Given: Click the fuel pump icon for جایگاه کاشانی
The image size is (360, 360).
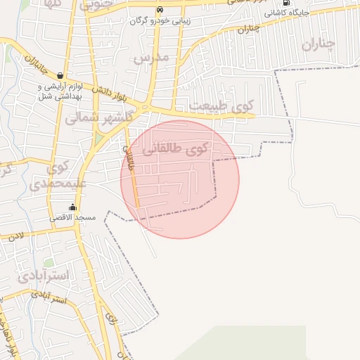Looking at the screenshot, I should pyautogui.click(x=285, y=3).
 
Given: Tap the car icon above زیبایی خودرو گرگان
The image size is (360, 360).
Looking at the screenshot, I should pyautogui.click(x=160, y=10).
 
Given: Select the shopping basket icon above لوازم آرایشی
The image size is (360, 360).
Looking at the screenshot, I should pyautogui.click(x=60, y=75).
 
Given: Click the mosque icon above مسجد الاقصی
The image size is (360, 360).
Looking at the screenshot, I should pyautogui.click(x=72, y=207).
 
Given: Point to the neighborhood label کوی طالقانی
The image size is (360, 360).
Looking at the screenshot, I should pyautogui.click(x=176, y=149).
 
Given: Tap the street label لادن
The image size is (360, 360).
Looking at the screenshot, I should pyautogui.click(x=18, y=237).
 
